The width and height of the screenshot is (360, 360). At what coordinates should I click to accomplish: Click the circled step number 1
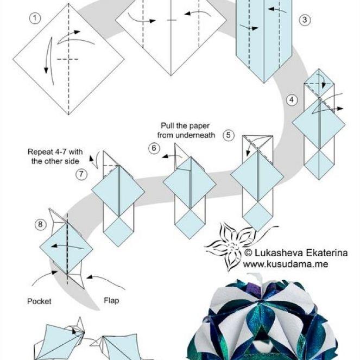[x=35, y=18]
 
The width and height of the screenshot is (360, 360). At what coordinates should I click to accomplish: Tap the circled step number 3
[x=305, y=20]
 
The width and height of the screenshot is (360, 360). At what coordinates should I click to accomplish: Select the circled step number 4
[x=292, y=100]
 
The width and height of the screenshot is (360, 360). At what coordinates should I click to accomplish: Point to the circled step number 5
[x=229, y=135]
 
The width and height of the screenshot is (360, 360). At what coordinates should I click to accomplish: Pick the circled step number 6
[x=154, y=148]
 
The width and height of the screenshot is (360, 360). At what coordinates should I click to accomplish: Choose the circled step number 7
[x=81, y=174]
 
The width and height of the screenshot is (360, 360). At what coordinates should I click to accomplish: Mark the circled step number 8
[x=40, y=224]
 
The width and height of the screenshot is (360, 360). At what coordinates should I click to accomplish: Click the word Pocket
[x=39, y=301]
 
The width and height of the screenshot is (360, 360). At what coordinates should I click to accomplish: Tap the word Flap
[x=111, y=300]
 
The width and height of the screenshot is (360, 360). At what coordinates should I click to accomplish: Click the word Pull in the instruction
[x=167, y=126]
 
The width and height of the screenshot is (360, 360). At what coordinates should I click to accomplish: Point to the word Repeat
[x=40, y=151]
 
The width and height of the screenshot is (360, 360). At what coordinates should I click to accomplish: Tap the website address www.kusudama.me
[x=286, y=264]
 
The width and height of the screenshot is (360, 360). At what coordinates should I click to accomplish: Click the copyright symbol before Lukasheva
[x=248, y=253]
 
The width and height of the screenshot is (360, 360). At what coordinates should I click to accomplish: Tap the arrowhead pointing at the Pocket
[x=55, y=273]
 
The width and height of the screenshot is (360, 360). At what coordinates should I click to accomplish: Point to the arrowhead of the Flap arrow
[x=90, y=277]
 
